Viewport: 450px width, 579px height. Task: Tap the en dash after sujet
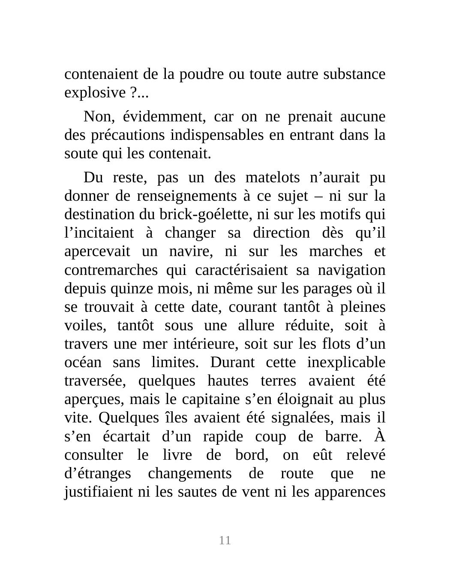click(318, 196)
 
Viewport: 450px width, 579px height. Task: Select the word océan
click(83, 362)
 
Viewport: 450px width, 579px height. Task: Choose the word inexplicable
click(346, 362)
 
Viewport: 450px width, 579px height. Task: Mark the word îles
click(176, 418)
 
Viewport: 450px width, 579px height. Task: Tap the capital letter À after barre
click(380, 436)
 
